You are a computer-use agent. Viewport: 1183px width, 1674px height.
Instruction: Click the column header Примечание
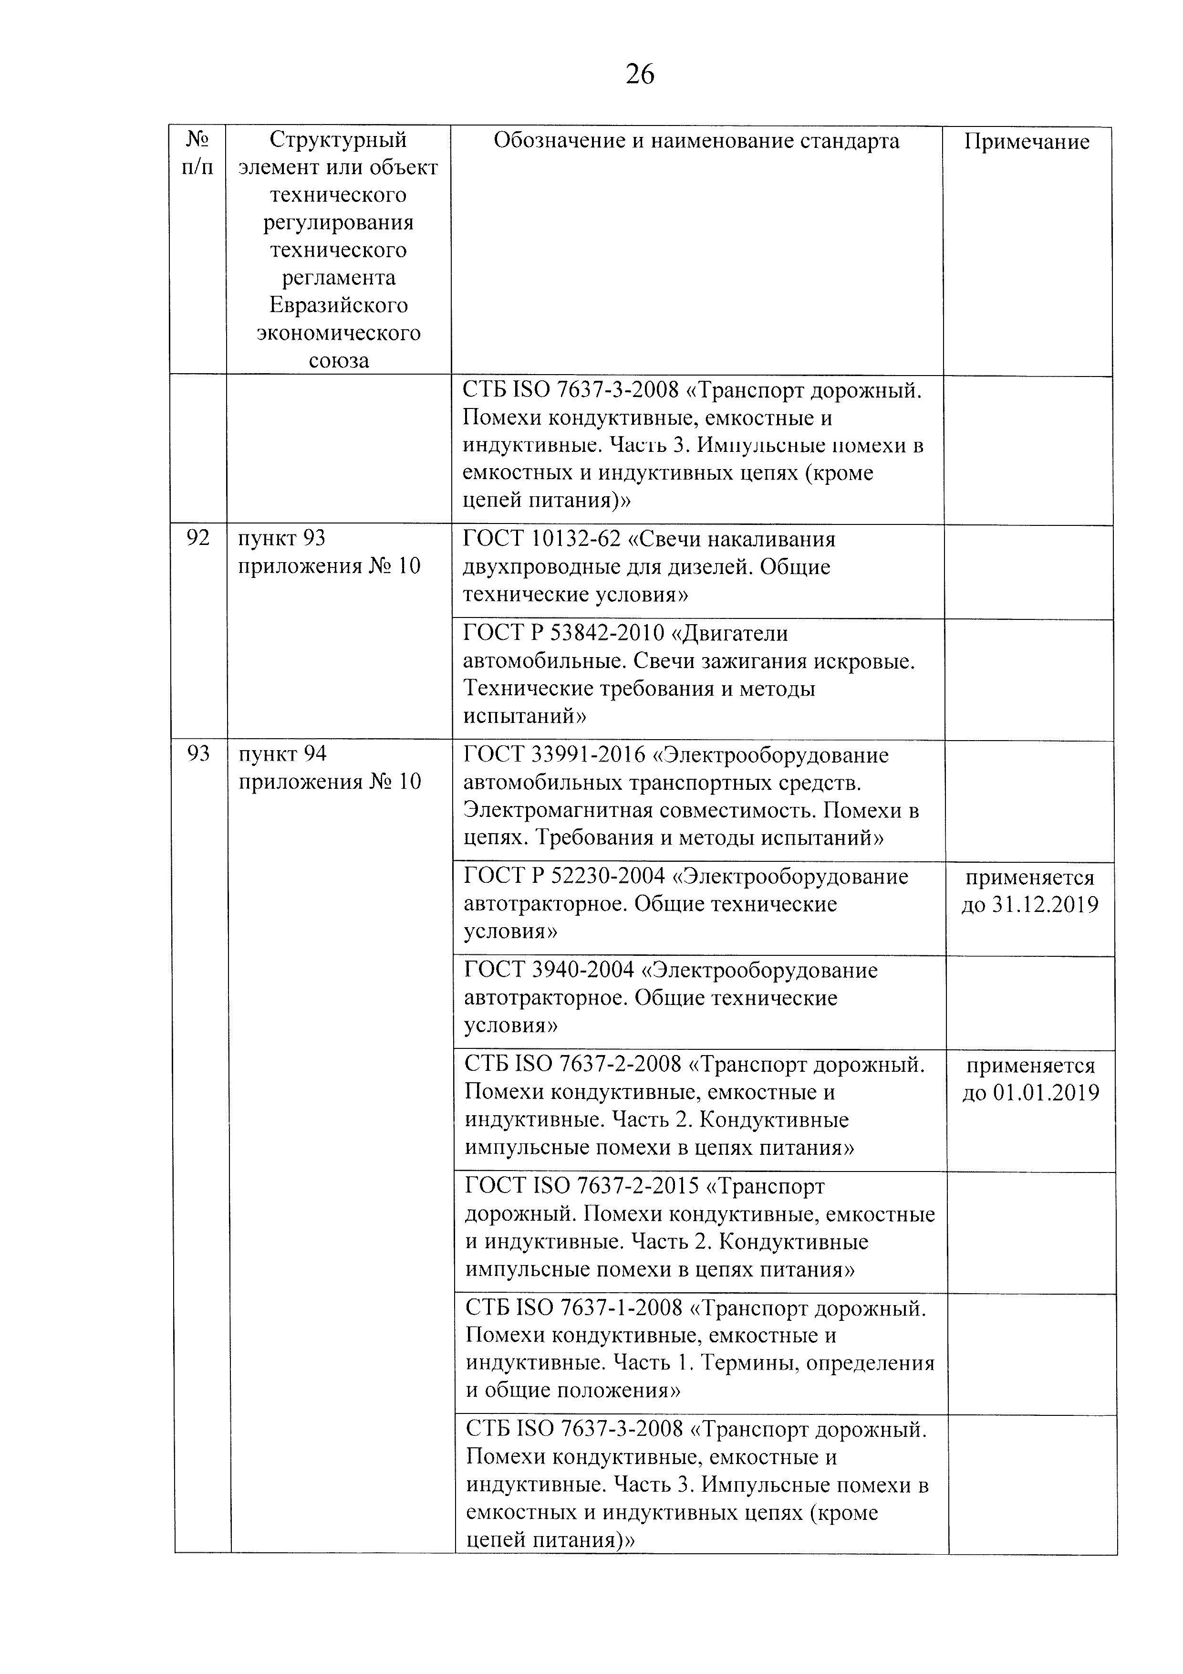pyautogui.click(x=1026, y=141)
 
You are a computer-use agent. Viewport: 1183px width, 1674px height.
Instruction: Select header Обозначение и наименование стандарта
pyautogui.click(x=696, y=141)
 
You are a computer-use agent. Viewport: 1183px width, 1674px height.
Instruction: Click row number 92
pyautogui.click(x=197, y=539)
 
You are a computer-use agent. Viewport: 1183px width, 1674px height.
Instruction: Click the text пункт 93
pyautogui.click(x=281, y=539)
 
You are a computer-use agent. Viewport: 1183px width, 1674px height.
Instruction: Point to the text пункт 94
pyautogui.click(x=282, y=754)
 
